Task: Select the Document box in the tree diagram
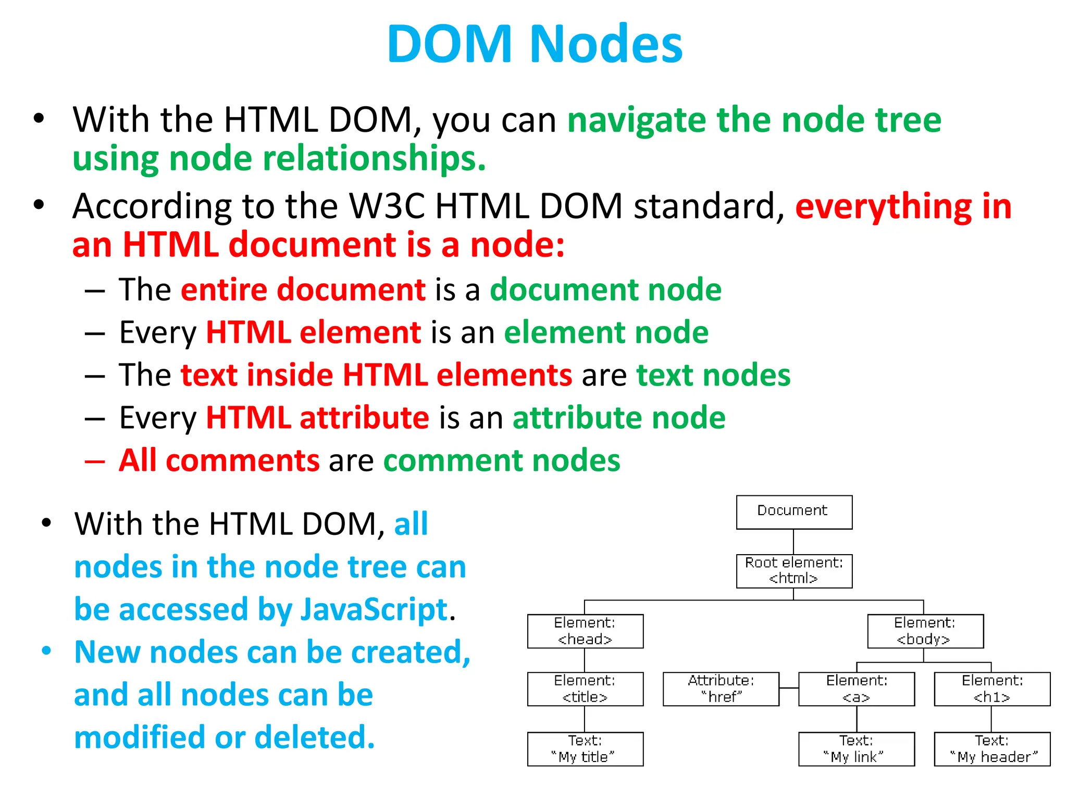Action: (x=793, y=512)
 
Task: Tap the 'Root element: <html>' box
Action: (x=793, y=571)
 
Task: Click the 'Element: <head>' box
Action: (x=585, y=631)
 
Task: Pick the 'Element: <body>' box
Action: (x=925, y=631)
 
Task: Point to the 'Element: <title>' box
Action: (x=585, y=689)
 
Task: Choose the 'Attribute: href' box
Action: (x=721, y=689)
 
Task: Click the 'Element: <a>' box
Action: (x=856, y=689)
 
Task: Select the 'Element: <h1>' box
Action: (x=992, y=689)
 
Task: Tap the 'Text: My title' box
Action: (x=585, y=749)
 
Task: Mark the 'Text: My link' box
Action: (x=856, y=749)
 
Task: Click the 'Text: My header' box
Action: (x=992, y=749)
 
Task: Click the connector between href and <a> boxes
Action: (x=789, y=688)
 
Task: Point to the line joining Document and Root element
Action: (x=793, y=542)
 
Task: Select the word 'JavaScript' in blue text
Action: (x=374, y=609)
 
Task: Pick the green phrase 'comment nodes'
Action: (x=502, y=460)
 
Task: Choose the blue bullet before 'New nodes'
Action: (x=47, y=651)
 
